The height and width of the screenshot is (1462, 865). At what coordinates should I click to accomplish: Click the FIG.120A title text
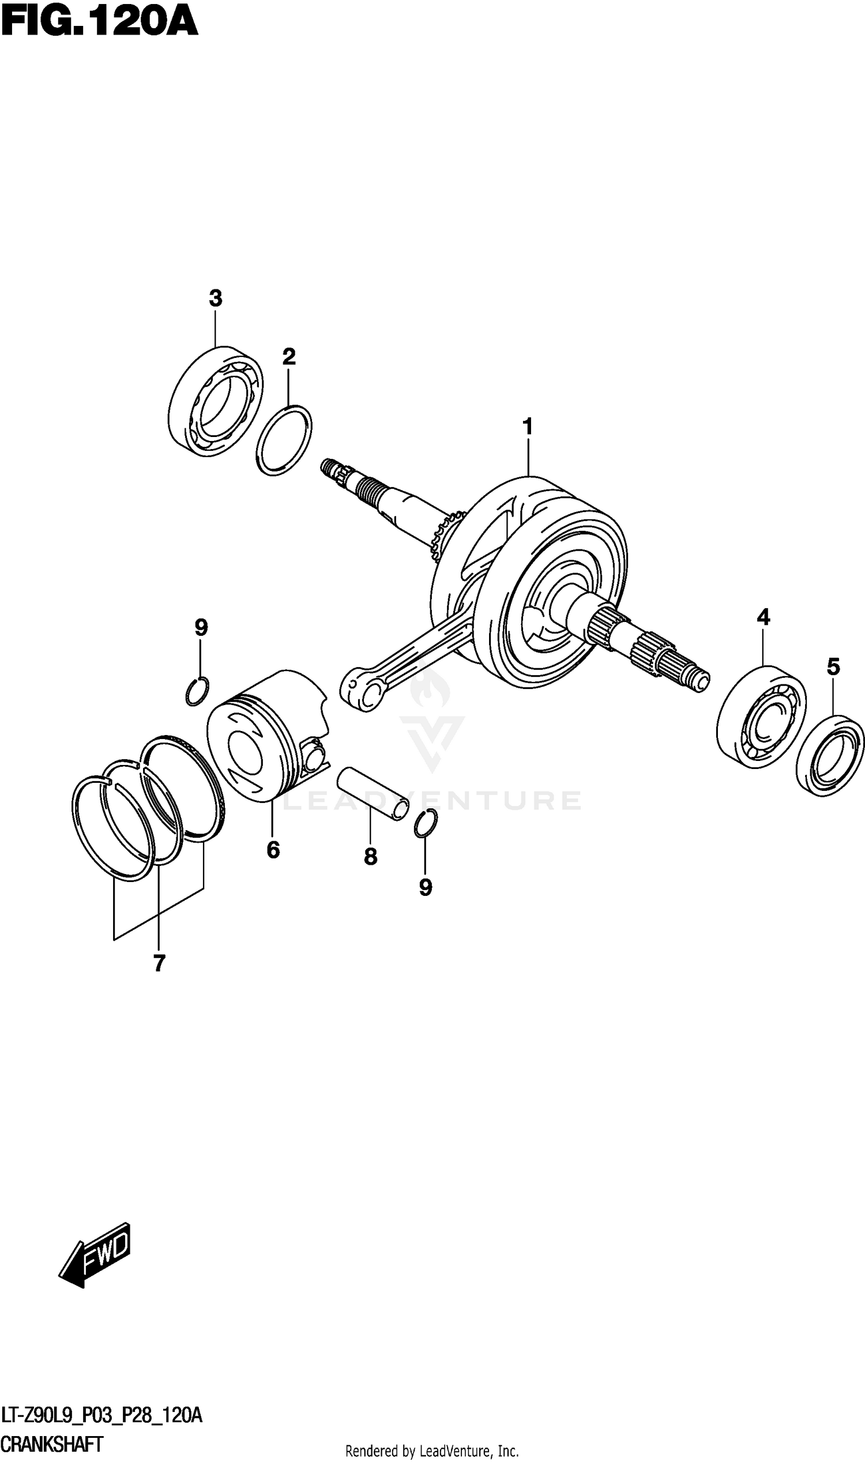coord(100,22)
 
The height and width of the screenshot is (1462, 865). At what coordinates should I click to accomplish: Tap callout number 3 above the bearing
coord(216,299)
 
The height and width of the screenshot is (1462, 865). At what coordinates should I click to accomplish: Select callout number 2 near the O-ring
coord(289,357)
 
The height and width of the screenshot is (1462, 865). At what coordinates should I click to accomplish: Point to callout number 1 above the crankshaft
coord(528,427)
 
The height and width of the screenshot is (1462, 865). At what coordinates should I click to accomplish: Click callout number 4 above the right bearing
coord(763,616)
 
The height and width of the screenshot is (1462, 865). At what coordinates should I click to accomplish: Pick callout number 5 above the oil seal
coord(833,666)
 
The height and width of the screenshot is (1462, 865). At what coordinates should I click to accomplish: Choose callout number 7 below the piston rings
coord(159,963)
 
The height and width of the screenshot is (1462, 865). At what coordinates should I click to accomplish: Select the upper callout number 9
coord(201,628)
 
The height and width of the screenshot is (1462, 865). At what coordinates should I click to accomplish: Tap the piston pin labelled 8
coord(374,794)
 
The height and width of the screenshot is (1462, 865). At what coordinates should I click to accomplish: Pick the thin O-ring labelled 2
coord(284,440)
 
